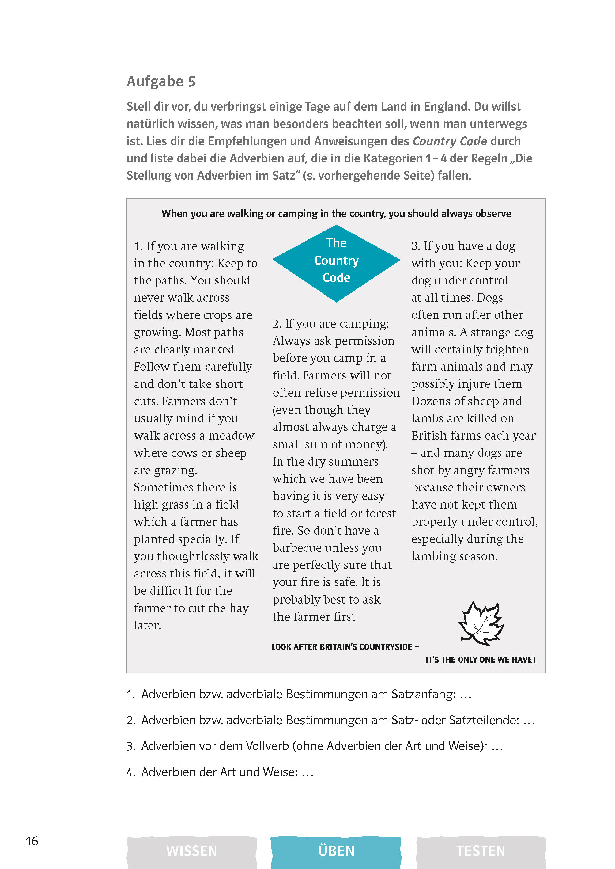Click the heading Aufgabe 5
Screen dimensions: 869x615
[161, 82]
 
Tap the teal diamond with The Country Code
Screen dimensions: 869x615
[336, 263]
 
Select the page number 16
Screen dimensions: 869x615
[32, 841]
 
